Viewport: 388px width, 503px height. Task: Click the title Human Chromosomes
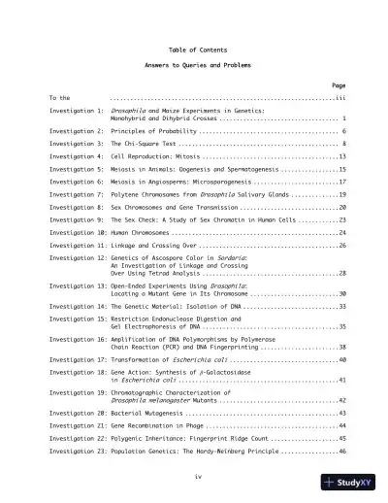(145, 233)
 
